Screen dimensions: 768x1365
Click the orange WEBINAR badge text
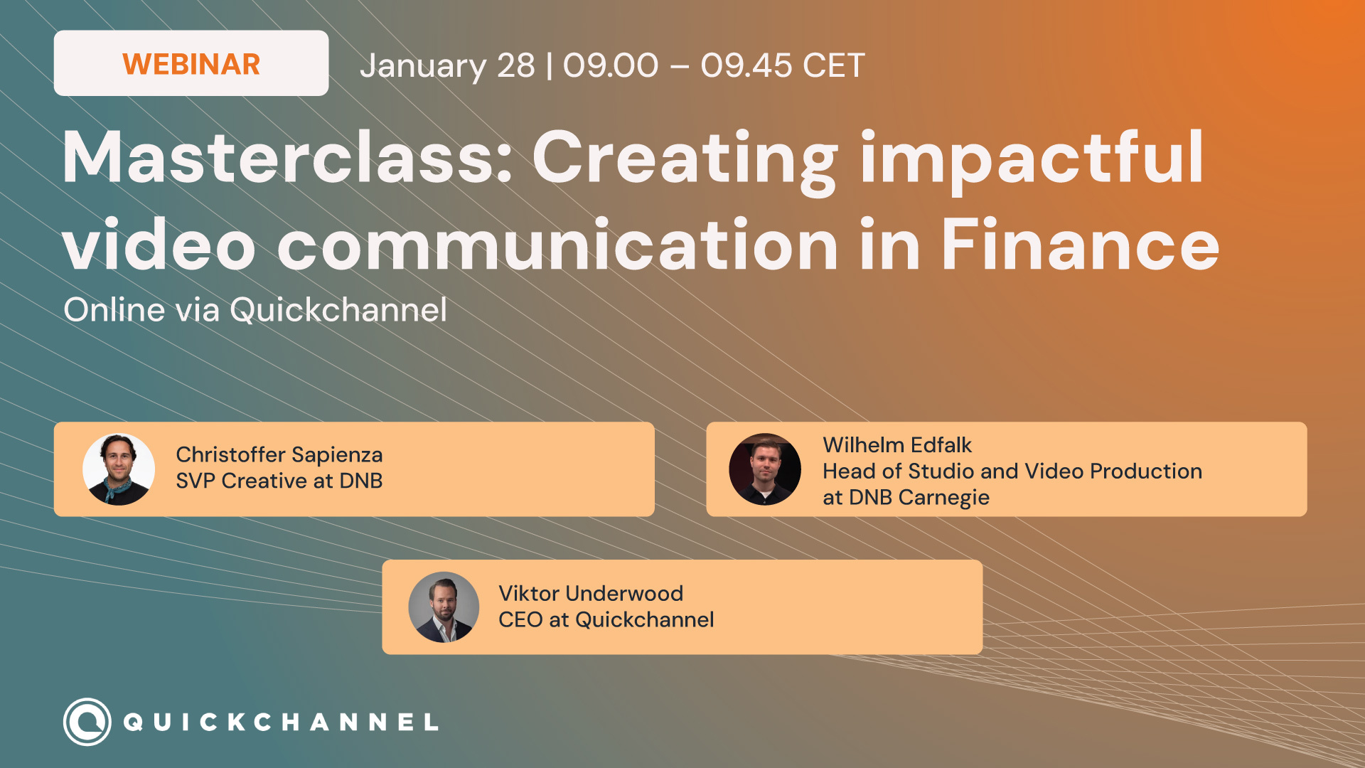click(x=191, y=64)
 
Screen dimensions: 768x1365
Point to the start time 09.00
click(x=610, y=66)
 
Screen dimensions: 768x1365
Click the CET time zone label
click(x=833, y=66)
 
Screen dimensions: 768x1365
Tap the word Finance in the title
click(x=1080, y=245)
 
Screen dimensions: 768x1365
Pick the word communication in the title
click(x=558, y=245)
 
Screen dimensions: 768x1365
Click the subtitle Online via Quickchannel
click(x=255, y=310)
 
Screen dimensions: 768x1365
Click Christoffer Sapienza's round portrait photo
click(x=119, y=469)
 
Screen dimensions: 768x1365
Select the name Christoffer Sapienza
click(x=279, y=454)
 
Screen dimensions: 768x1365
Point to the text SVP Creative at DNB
click(x=279, y=481)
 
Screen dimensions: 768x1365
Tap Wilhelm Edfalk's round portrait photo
click(x=765, y=469)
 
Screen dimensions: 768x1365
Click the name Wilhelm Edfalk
click(x=896, y=445)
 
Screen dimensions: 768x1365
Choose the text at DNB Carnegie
click(x=905, y=498)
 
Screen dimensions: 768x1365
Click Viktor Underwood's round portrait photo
click(x=444, y=607)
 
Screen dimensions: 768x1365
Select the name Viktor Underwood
click(x=590, y=594)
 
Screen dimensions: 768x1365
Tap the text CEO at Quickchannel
click(x=606, y=620)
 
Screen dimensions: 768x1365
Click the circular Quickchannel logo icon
click(x=87, y=722)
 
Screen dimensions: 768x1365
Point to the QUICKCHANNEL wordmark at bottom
click(x=281, y=722)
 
